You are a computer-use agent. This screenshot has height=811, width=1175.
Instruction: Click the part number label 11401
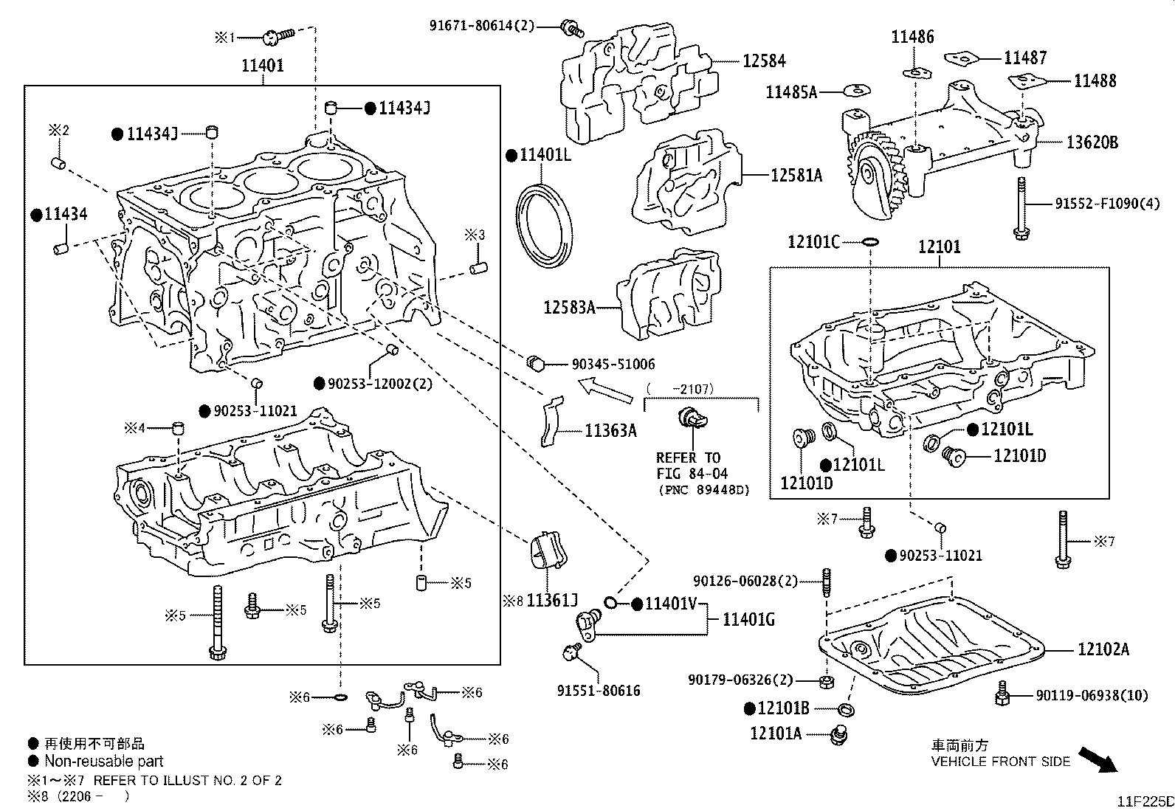tap(263, 66)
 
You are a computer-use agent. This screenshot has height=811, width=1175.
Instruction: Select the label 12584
tap(764, 61)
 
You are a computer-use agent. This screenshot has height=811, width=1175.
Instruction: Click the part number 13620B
tap(1092, 142)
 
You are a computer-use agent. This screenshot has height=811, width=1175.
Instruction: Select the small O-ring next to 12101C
tap(870, 241)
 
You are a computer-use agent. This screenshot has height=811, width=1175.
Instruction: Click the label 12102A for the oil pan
tap(1103, 649)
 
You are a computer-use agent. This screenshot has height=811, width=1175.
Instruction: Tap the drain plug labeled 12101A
tap(838, 734)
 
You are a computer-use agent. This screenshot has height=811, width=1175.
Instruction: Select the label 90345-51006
tap(613, 365)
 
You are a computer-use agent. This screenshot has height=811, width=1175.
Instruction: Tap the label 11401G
tap(748, 620)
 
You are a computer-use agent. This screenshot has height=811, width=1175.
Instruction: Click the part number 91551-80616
tap(599, 691)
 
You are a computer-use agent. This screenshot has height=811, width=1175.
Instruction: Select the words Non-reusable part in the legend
tap(103, 761)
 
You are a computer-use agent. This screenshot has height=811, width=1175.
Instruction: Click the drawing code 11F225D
tap(1144, 801)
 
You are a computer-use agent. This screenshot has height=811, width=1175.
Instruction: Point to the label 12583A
tap(569, 307)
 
